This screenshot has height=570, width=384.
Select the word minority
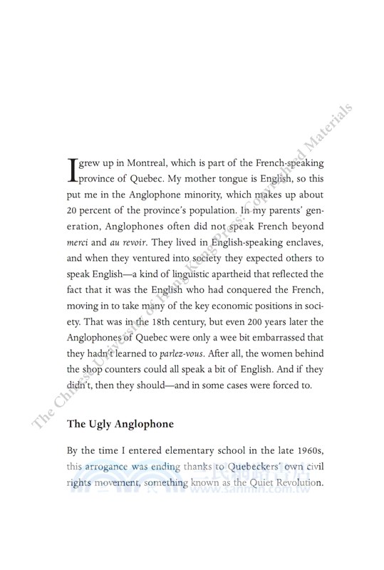[x=232, y=195]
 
